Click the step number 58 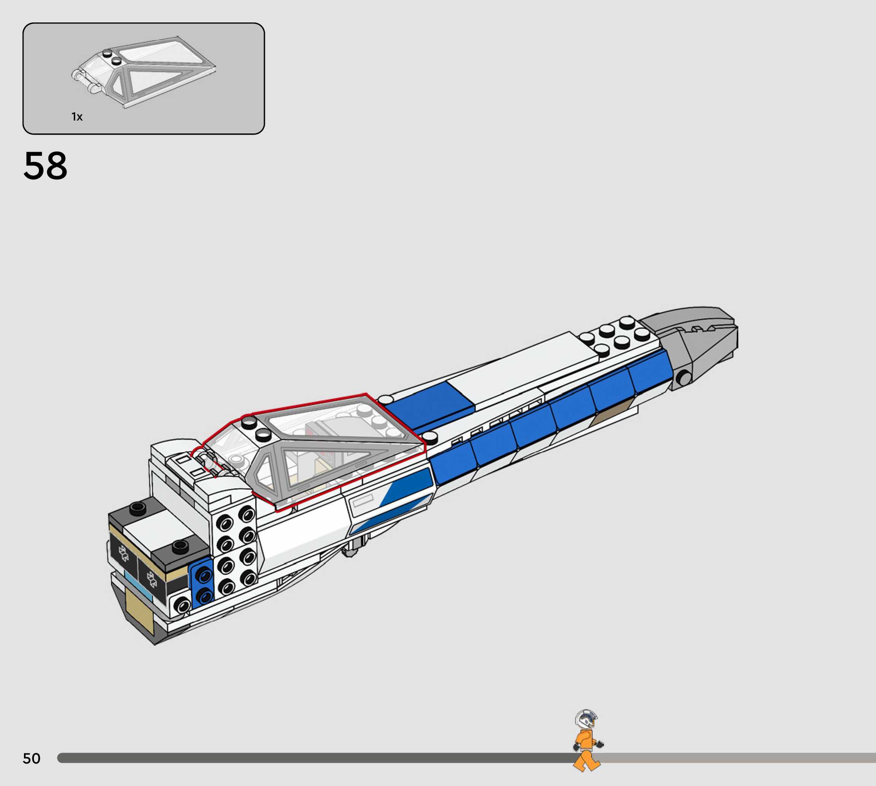pos(45,166)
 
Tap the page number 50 pos(32,758)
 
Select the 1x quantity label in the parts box pos(77,117)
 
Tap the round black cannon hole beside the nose pos(684,378)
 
